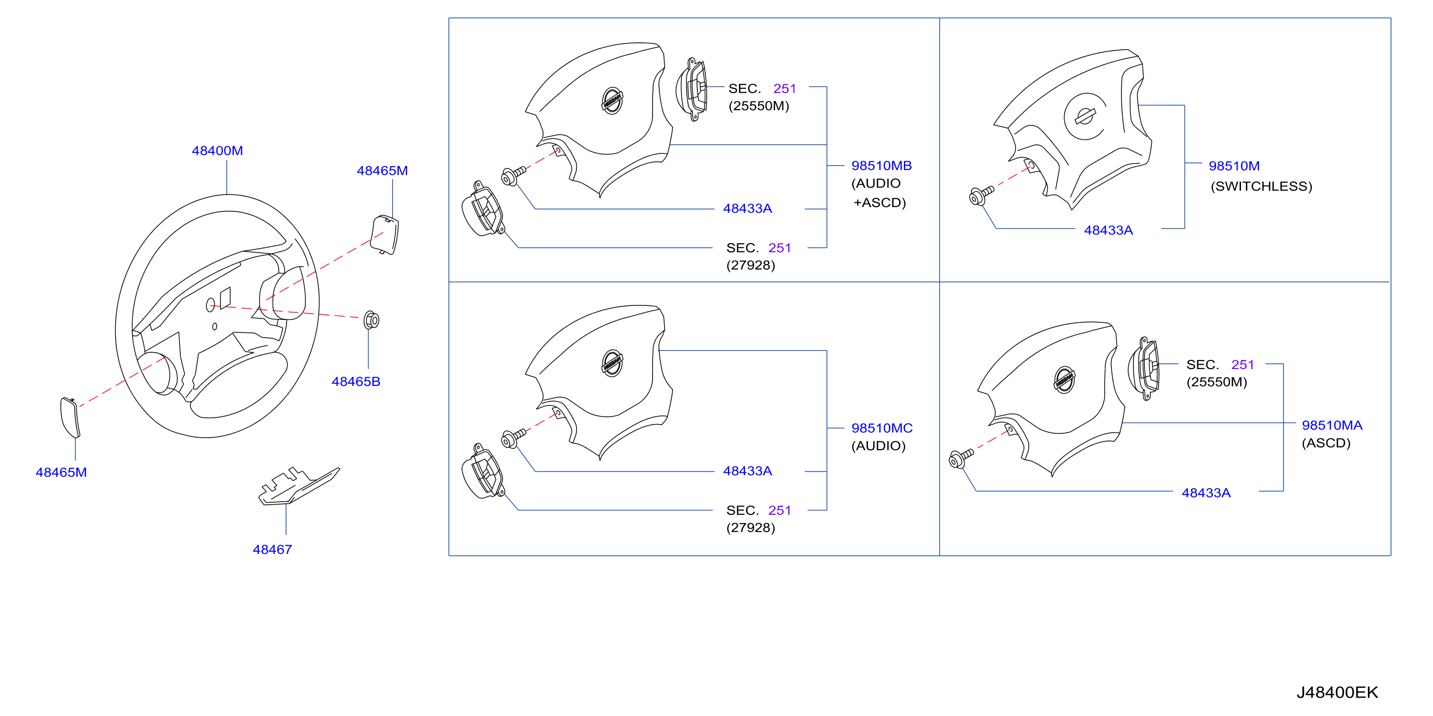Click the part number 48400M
point(217,151)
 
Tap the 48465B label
point(355,382)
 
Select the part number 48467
point(272,550)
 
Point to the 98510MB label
point(881,166)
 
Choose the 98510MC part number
point(882,428)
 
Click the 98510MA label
point(1332,426)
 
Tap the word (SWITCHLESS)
point(1261,186)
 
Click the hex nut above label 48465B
point(371,320)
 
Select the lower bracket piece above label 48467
point(299,486)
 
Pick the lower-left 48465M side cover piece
point(69,417)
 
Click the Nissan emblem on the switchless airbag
point(1085,117)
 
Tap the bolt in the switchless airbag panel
point(981,195)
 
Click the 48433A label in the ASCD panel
point(1205,494)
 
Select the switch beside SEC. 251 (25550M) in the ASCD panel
point(1144,368)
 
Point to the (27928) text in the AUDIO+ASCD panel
point(751,265)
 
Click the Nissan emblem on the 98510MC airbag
point(612,363)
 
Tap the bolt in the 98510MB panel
point(514,176)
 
